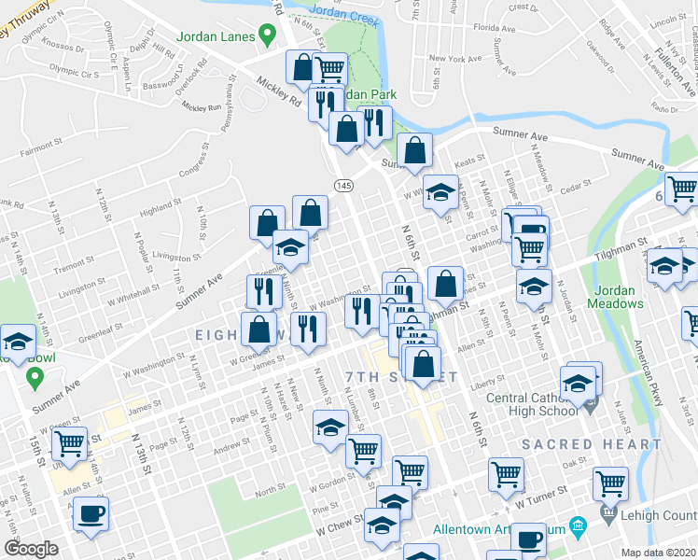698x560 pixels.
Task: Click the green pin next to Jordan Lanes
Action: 268,36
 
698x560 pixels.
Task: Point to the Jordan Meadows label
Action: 616,297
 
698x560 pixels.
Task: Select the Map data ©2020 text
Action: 659,553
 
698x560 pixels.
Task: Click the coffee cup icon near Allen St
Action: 91,512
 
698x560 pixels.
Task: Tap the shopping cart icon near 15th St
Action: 70,442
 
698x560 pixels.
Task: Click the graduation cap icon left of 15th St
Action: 18,341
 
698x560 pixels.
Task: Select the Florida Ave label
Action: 494,29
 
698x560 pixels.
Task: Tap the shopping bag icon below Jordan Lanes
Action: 302,67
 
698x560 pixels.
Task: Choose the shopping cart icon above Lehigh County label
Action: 610,484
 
